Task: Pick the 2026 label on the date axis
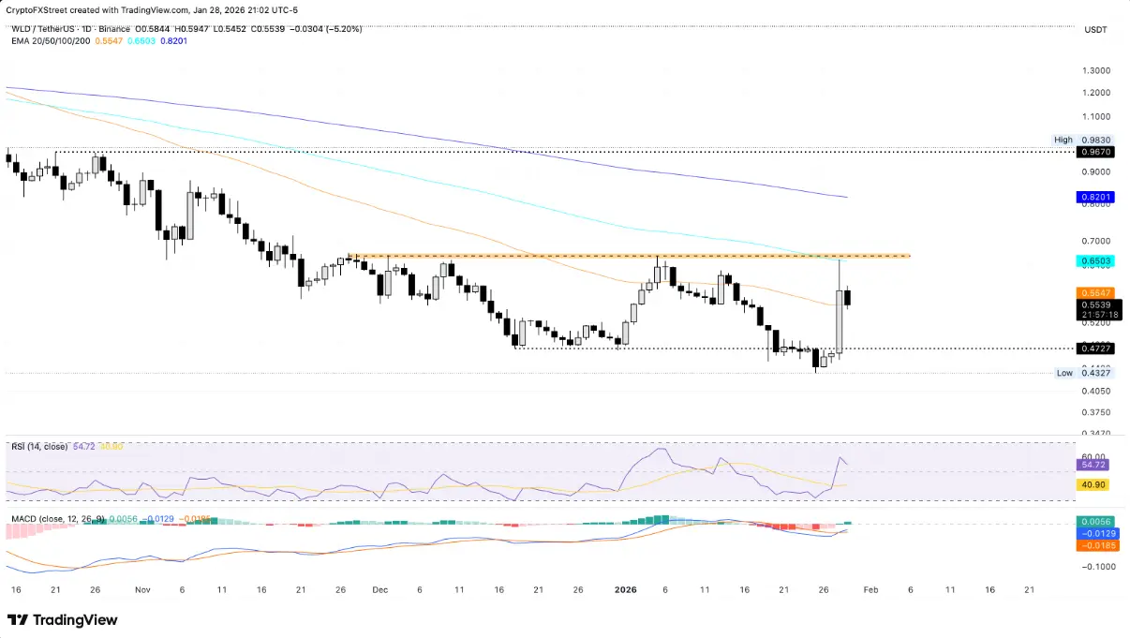pos(625,590)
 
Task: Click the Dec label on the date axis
pos(379,590)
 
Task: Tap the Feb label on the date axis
pos(870,590)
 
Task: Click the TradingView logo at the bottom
pos(63,619)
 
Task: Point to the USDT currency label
pos(1094,30)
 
